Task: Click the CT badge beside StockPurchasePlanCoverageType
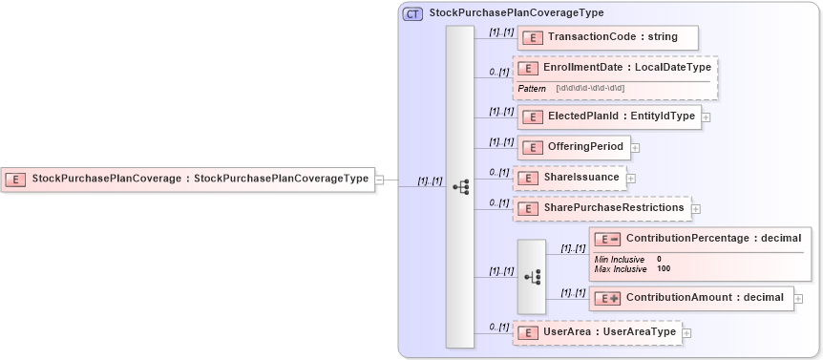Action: click(x=413, y=13)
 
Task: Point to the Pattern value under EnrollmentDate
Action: click(x=590, y=89)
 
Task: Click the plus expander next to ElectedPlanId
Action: click(x=707, y=117)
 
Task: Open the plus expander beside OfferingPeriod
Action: click(x=635, y=148)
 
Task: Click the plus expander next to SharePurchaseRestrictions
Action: click(x=696, y=208)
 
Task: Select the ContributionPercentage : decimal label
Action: click(x=712, y=238)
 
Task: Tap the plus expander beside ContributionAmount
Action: click(x=798, y=299)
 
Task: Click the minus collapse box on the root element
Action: click(x=380, y=179)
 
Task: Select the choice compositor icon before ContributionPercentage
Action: click(x=532, y=276)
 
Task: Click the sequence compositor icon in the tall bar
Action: click(x=459, y=187)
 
